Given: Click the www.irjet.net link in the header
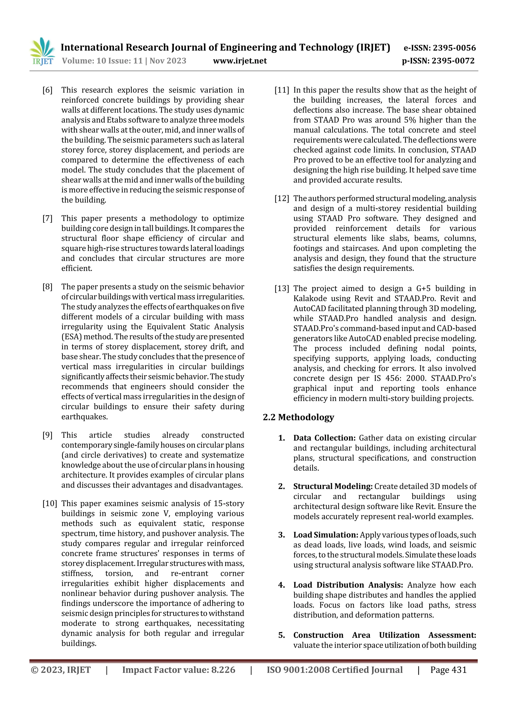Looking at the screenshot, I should [x=240, y=61].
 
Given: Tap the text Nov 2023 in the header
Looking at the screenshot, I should [x=168, y=61].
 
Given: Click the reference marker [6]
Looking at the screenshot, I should [x=48, y=90].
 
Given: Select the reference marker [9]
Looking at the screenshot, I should [x=48, y=435].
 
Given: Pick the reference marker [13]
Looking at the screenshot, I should [x=282, y=289].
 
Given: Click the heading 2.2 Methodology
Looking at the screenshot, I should [x=298, y=417].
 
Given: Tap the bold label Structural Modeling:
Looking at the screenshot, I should [x=333, y=486].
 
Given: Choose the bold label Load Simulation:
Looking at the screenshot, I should [x=326, y=535].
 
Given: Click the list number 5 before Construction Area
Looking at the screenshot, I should [x=281, y=635].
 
